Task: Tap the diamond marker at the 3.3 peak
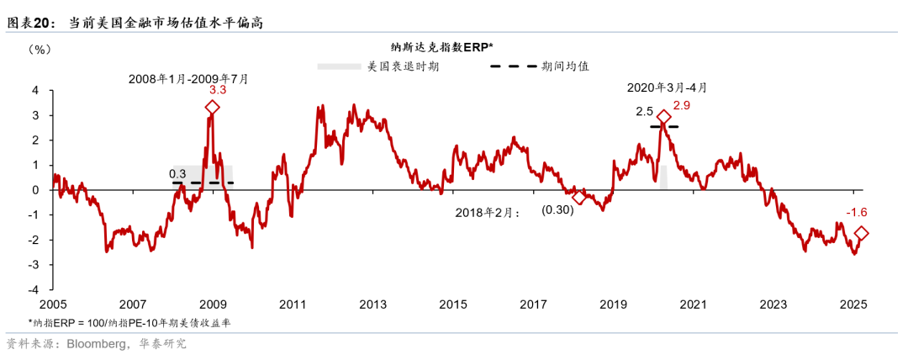(213, 108)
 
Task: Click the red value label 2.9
(682, 105)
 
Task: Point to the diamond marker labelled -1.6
(861, 234)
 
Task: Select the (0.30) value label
(557, 210)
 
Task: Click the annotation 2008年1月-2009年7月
(188, 78)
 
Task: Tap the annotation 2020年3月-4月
(668, 87)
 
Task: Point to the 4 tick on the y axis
(35, 90)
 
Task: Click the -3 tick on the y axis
(34, 265)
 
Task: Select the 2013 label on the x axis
(372, 304)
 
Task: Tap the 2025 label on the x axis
(853, 304)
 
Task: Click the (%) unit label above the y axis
(40, 50)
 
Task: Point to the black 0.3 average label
(177, 173)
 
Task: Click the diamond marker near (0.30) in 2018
(578, 198)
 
